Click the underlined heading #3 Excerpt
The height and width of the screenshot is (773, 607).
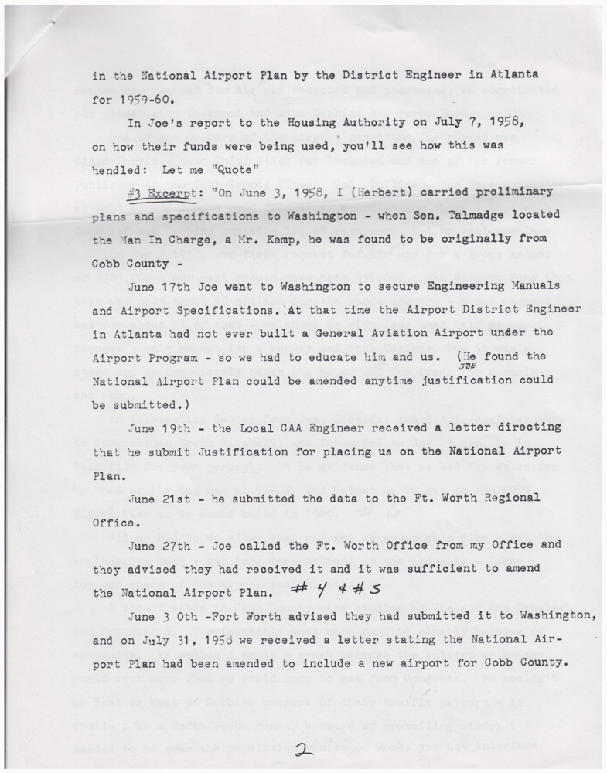coord(162,192)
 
